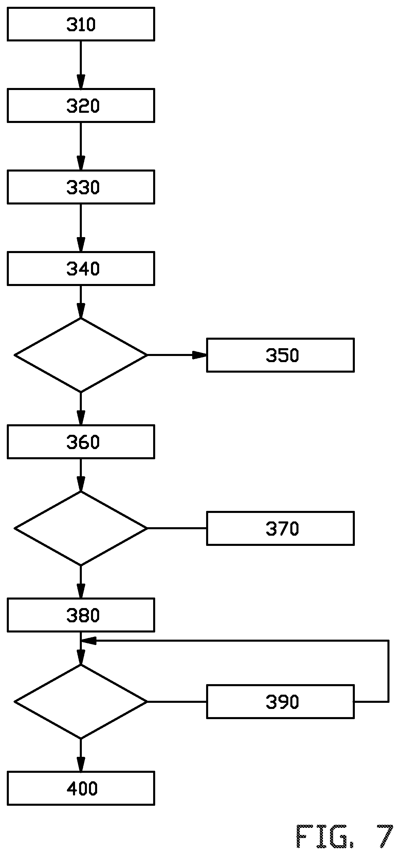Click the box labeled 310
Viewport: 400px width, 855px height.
(x=81, y=24)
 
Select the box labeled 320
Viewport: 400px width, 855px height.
(x=81, y=105)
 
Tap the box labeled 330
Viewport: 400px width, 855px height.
(x=81, y=187)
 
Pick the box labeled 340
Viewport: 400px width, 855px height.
(x=81, y=268)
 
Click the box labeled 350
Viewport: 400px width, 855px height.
(x=280, y=355)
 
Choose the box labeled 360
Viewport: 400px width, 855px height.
(x=81, y=442)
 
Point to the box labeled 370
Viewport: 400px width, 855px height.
(x=280, y=528)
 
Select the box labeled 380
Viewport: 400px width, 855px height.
(x=81, y=615)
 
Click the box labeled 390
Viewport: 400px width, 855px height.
(x=280, y=701)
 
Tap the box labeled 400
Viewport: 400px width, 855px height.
(x=81, y=788)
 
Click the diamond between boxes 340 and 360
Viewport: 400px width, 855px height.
(x=81, y=355)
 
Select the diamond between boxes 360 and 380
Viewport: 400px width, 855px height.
(x=81, y=528)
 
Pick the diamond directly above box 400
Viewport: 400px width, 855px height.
(x=81, y=701)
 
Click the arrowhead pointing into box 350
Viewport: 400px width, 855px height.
(x=200, y=355)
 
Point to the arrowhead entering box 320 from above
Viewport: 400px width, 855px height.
(x=81, y=82)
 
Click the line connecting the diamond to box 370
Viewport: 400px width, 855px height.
(x=177, y=528)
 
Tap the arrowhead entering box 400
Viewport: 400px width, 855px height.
(x=81, y=764)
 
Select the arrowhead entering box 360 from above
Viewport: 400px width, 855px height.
(x=81, y=417)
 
